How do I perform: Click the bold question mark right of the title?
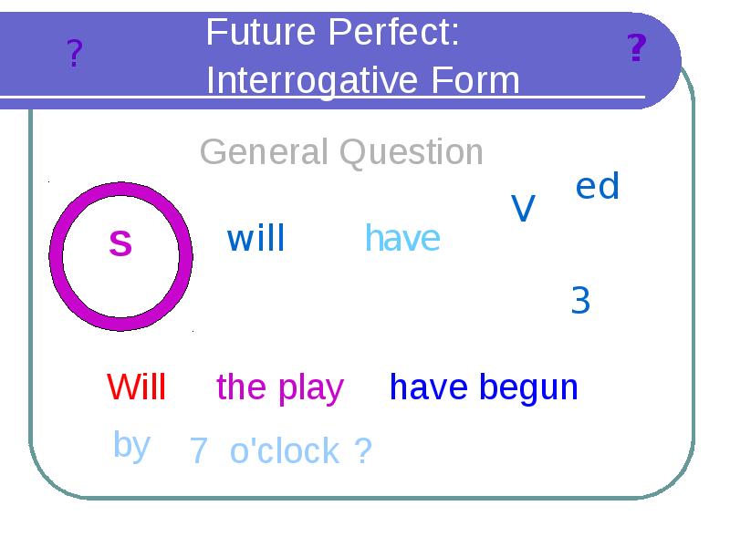pyautogui.click(x=637, y=47)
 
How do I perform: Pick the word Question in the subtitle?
pyautogui.click(x=412, y=152)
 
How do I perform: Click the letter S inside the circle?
pyautogui.click(x=120, y=243)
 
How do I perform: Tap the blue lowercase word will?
pyautogui.click(x=255, y=239)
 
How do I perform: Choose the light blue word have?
pyautogui.click(x=402, y=239)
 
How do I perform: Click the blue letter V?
pyautogui.click(x=523, y=209)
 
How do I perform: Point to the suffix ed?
pyautogui.click(x=598, y=187)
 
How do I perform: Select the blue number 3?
pyautogui.click(x=580, y=300)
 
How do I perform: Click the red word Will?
pyautogui.click(x=136, y=387)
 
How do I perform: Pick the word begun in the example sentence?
pyautogui.click(x=531, y=388)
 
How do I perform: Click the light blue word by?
pyautogui.click(x=131, y=445)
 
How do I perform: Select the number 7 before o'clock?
pyautogui.click(x=199, y=451)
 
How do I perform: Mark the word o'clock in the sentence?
pyautogui.click(x=285, y=450)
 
